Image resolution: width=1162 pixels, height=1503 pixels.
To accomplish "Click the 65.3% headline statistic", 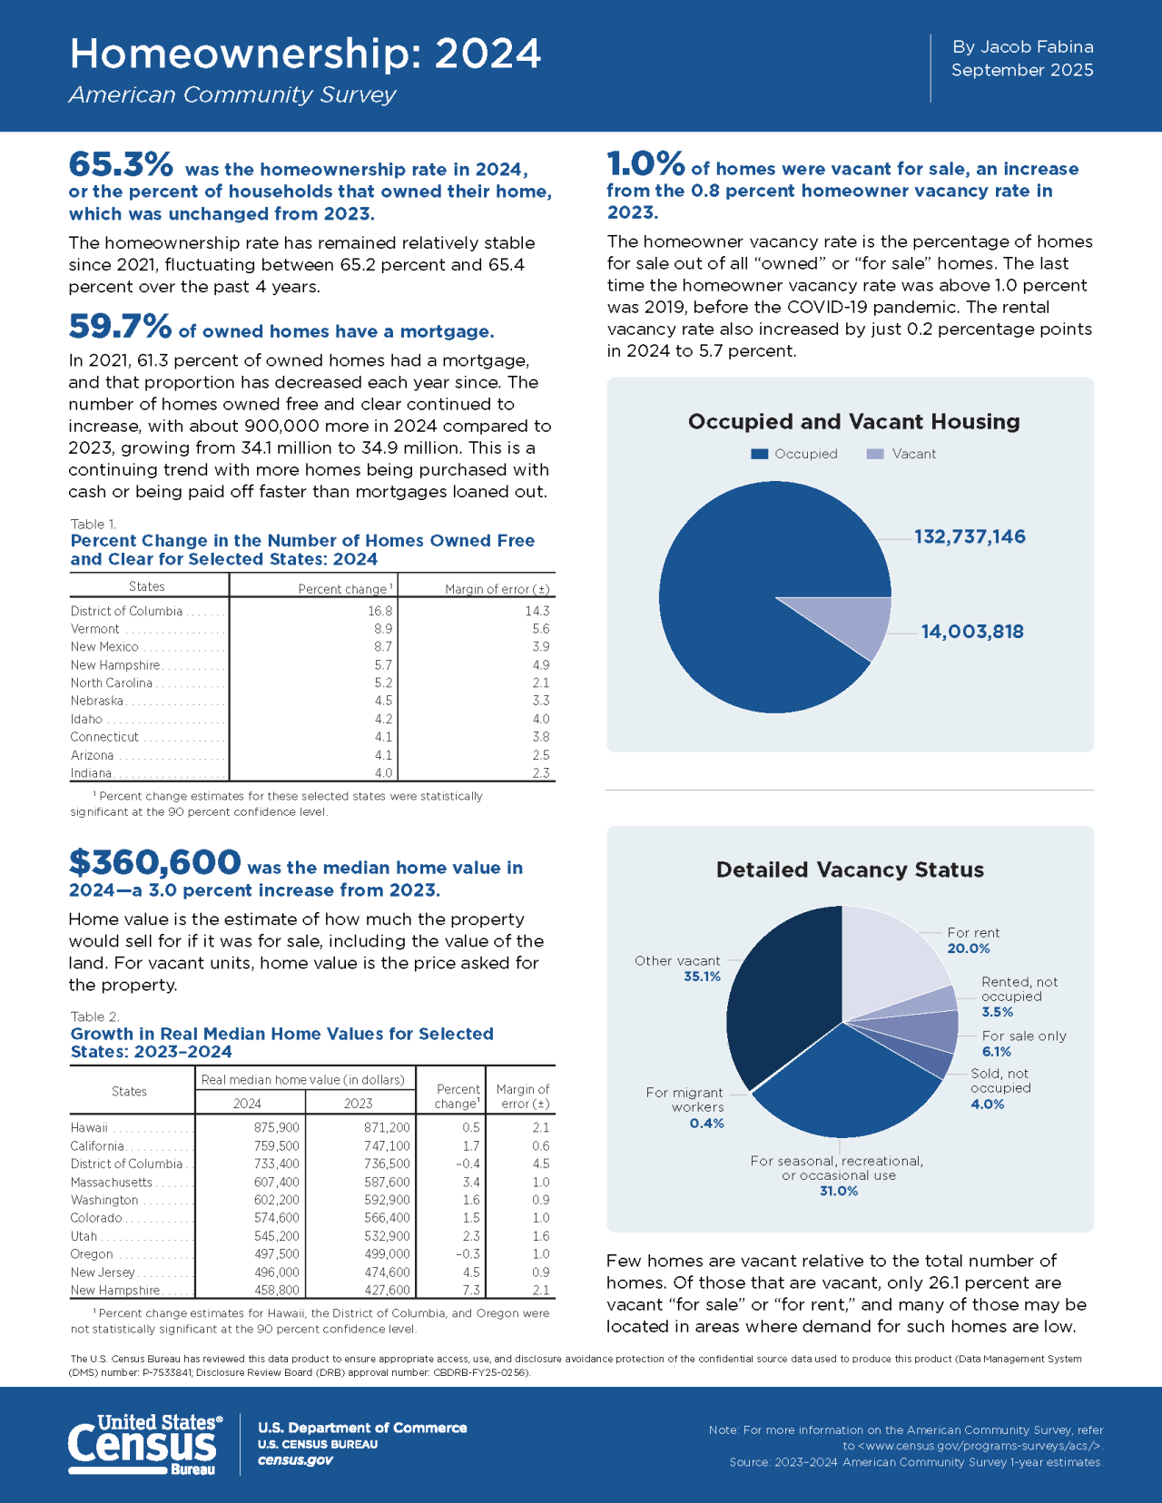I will (x=121, y=165).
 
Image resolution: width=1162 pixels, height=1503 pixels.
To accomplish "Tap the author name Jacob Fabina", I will (x=1038, y=47).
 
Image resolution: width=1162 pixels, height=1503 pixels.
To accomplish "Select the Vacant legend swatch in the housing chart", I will (x=875, y=454).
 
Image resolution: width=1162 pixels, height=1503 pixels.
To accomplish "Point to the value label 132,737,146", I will (x=970, y=536).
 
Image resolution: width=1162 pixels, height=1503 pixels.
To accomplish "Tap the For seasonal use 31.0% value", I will (x=838, y=1191).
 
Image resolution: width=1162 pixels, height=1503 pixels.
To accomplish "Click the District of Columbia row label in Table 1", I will (x=127, y=611).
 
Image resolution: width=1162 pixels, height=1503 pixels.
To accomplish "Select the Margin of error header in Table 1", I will (x=497, y=589).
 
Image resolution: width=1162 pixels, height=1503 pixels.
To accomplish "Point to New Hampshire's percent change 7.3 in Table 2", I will (x=470, y=1290).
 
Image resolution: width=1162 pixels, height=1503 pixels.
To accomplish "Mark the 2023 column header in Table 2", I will (x=358, y=1103).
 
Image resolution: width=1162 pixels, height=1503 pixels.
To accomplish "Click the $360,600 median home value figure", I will (x=155, y=861).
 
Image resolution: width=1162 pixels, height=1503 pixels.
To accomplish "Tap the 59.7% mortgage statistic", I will (x=120, y=326).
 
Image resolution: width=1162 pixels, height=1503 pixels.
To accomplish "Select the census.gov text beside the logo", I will (x=295, y=1459).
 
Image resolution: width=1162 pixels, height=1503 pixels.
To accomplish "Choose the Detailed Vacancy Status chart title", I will (x=850, y=869).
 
